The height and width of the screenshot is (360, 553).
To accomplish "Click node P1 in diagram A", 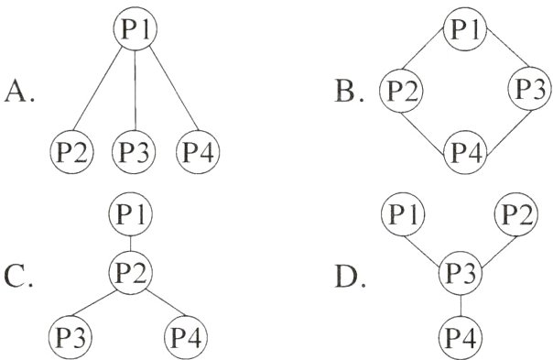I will (136, 29).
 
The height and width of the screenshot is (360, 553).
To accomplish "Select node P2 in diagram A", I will (71, 150).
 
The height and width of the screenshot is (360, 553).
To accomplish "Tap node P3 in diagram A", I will (136, 150).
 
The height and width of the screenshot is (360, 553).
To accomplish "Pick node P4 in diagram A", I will (199, 150).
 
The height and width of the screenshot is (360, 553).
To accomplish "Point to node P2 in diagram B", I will (403, 90).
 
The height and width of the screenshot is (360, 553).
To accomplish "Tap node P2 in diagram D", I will (518, 216).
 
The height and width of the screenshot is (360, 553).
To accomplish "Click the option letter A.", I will (18, 92).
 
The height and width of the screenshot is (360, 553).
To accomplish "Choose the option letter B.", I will (349, 92).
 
